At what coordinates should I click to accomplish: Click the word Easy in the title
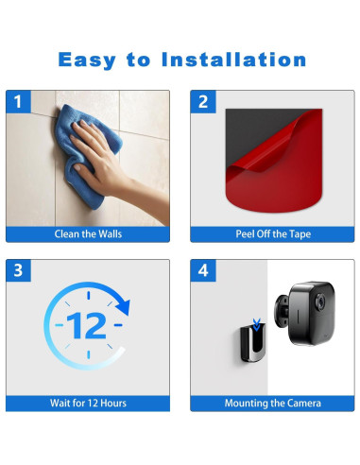[x=87, y=60]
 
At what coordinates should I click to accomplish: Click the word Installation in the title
[x=233, y=60]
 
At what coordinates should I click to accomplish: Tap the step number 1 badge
[x=18, y=101]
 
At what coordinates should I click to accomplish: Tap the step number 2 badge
[x=203, y=101]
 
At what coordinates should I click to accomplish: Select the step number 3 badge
[x=18, y=270]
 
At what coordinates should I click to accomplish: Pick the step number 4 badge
[x=203, y=270]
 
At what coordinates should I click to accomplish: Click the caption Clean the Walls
[x=88, y=234]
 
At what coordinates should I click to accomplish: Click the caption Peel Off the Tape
[x=273, y=234]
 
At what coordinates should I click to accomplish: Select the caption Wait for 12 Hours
[x=88, y=403]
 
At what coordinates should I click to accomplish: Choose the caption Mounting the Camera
[x=273, y=403]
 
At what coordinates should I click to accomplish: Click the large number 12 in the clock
[x=87, y=325]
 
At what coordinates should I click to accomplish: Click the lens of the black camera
[x=320, y=301]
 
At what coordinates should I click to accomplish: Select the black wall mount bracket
[x=253, y=344]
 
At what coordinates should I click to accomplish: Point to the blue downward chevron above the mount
[x=257, y=325]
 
